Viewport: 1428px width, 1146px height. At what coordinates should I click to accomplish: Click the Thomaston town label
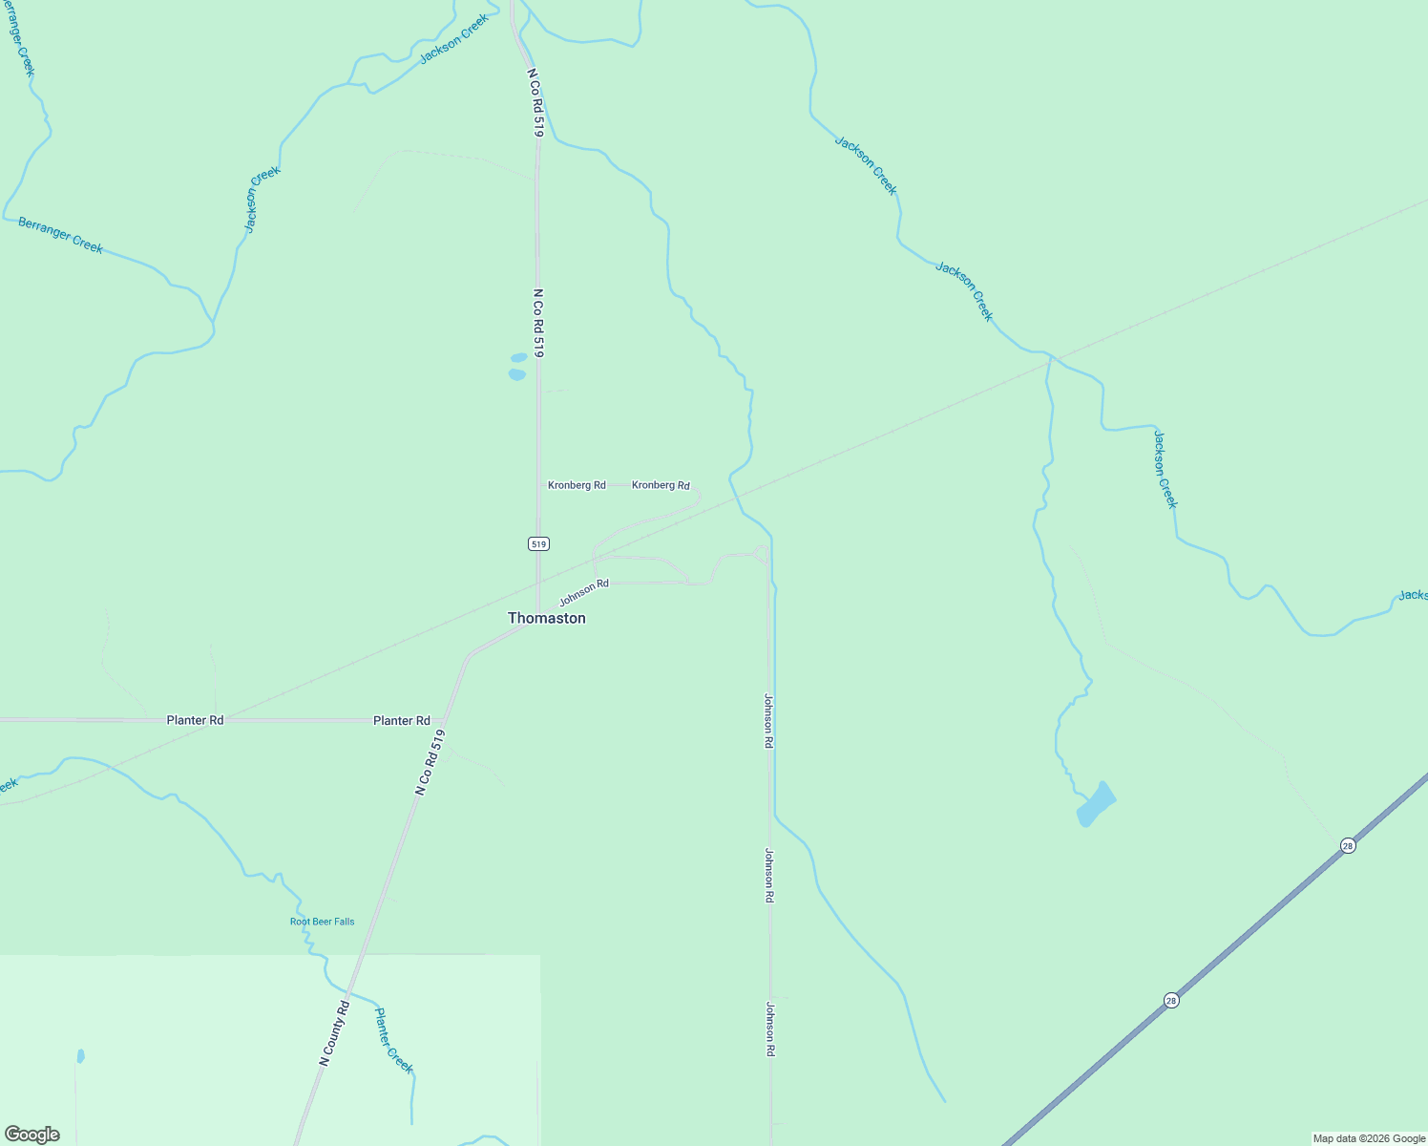(547, 618)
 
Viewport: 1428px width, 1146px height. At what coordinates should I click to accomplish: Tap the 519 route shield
(538, 543)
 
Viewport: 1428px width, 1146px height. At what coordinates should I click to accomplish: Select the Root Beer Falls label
(322, 922)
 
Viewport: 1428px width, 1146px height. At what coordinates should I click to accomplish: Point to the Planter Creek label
(393, 1040)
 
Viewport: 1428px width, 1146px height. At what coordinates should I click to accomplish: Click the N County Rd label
(335, 1032)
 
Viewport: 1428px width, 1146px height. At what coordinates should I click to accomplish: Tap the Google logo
(32, 1135)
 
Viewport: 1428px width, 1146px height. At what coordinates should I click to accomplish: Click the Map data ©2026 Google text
(1369, 1138)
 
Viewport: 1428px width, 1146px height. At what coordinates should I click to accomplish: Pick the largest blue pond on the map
(1095, 804)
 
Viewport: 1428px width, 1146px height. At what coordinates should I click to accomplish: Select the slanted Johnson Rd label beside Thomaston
(584, 592)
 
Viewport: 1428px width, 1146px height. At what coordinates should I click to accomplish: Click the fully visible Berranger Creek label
(60, 235)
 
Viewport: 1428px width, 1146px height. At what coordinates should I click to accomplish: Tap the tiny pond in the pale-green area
(80, 1056)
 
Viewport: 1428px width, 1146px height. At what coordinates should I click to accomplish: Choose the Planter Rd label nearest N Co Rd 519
(402, 721)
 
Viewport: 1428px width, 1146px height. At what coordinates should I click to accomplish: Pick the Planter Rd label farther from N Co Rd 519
(195, 720)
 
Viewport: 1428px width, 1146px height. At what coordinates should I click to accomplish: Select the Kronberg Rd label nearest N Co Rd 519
(577, 485)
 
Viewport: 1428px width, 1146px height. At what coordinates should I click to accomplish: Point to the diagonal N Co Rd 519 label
(430, 762)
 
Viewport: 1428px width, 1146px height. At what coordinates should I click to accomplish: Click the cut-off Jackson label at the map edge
(1413, 596)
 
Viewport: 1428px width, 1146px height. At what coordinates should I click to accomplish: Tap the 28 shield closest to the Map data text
(1171, 1000)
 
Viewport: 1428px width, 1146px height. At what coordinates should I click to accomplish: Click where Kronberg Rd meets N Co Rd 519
(538, 485)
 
